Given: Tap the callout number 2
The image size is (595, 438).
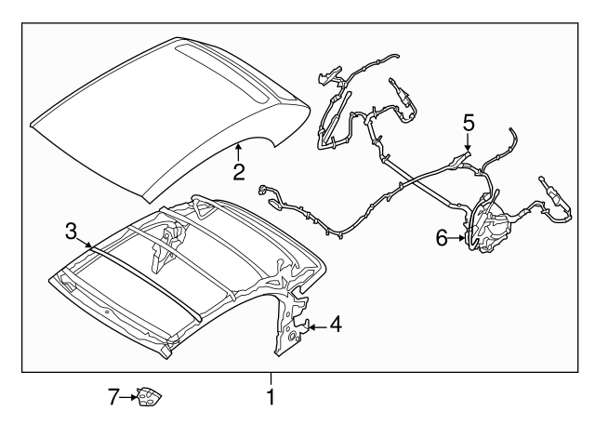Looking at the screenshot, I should click(x=239, y=171).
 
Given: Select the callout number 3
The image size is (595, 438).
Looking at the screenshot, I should click(x=71, y=230).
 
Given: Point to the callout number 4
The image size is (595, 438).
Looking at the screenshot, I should click(x=336, y=325).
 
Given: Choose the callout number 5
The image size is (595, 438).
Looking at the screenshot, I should click(x=469, y=121).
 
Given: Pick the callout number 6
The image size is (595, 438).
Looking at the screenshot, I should click(x=443, y=239).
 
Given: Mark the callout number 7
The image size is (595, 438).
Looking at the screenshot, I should click(x=113, y=398).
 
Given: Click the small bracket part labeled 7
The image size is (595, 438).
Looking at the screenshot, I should click(x=148, y=398).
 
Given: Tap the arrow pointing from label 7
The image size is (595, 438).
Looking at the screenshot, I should click(x=129, y=398).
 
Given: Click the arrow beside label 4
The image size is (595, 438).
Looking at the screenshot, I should click(x=316, y=325).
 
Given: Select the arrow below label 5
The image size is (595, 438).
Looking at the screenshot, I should click(x=469, y=141).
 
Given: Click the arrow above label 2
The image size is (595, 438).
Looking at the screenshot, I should click(x=239, y=151).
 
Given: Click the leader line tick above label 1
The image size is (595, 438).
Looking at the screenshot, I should click(x=271, y=378).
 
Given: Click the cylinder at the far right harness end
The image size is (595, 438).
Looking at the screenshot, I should click(x=551, y=198).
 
